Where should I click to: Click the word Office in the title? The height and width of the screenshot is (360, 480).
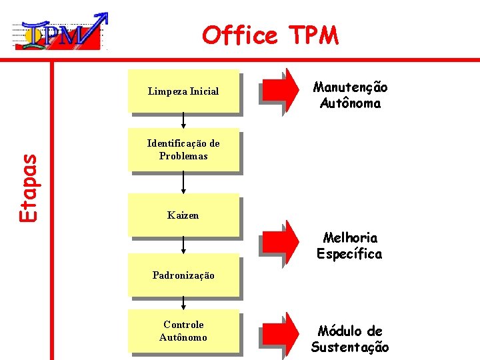[x=239, y=35]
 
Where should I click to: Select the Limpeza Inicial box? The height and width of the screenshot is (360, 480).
[x=183, y=91]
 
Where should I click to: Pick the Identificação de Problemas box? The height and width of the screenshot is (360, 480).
[x=183, y=149]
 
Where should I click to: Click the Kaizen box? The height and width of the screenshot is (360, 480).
[x=183, y=215]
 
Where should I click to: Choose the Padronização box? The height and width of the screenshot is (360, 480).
[x=183, y=275]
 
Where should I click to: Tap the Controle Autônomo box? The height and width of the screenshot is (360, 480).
[x=183, y=331]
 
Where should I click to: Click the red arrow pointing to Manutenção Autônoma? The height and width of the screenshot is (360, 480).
[x=281, y=89]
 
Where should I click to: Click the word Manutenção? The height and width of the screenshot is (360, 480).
[x=351, y=87]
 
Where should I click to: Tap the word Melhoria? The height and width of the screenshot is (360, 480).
[x=350, y=238]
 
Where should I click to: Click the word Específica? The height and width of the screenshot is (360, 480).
[x=350, y=254]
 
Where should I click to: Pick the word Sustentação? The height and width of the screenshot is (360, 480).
[x=350, y=347]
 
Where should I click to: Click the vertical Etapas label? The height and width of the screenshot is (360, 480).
[x=28, y=188]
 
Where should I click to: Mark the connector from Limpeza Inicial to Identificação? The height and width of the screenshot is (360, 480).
[x=183, y=120]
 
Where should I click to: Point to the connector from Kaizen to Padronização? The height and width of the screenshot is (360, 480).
[x=183, y=245]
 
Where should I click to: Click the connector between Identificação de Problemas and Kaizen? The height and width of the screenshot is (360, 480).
[x=183, y=182]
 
